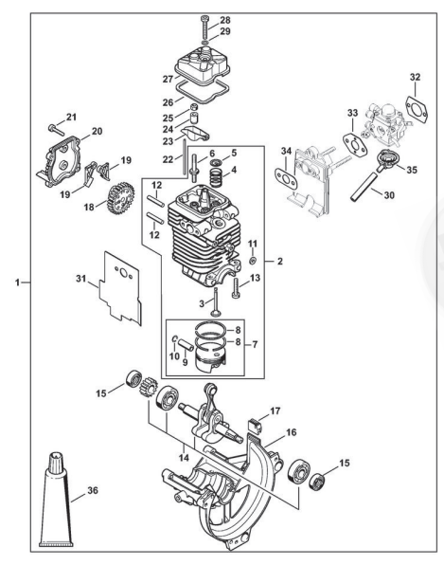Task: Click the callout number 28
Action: [225, 20]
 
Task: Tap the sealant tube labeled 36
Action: [56, 499]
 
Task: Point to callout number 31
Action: [81, 278]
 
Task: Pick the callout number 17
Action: [275, 411]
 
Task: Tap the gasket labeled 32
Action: [417, 107]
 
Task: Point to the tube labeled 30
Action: [364, 186]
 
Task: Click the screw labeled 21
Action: [56, 129]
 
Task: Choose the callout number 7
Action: [255, 345]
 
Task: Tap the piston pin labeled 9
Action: [186, 344]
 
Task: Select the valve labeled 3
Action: [216, 302]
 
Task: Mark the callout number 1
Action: [17, 282]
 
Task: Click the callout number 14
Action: [184, 457]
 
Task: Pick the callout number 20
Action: [97, 131]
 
